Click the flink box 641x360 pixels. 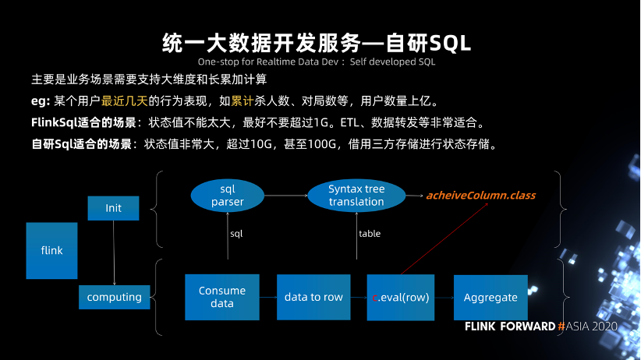[x=52, y=250]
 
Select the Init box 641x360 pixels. [x=113, y=208]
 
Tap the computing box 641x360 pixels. [x=115, y=297]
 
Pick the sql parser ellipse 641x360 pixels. [x=227, y=196]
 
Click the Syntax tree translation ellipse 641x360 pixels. [x=356, y=196]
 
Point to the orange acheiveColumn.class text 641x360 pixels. [x=480, y=196]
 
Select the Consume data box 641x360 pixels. [x=222, y=297]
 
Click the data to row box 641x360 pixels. [x=313, y=297]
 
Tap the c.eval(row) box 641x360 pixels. [x=401, y=298]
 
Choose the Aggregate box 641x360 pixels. [x=490, y=298]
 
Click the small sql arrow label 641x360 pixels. [x=236, y=234]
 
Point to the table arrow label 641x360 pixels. [x=370, y=234]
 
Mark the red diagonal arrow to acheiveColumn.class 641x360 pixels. [x=444, y=238]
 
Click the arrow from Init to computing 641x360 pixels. [x=114, y=252]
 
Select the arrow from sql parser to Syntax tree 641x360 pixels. [x=285, y=196]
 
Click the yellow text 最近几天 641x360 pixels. [x=124, y=101]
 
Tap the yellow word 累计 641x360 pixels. [x=243, y=101]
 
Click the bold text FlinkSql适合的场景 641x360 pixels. [x=83, y=122]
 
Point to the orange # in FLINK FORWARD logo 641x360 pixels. [x=561, y=326]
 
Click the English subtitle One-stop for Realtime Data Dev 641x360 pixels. [x=268, y=62]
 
